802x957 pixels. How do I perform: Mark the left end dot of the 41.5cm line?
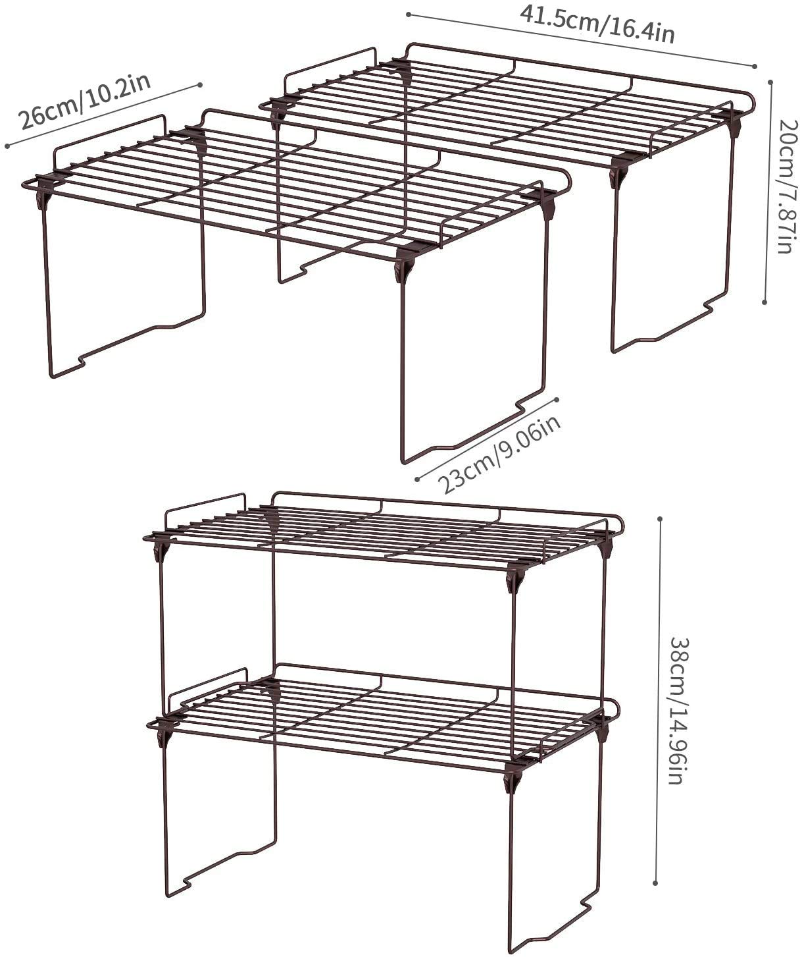pyautogui.click(x=409, y=13)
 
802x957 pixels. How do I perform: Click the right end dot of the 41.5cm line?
pyautogui.click(x=755, y=65)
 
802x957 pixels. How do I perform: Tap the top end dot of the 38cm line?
pyautogui.click(x=660, y=518)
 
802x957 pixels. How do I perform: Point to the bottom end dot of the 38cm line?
pyautogui.click(x=655, y=883)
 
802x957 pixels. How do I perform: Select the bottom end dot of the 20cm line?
pyautogui.click(x=764, y=302)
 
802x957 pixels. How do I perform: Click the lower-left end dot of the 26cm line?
pyautogui.click(x=6, y=146)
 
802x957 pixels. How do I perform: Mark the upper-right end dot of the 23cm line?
pyautogui.click(x=557, y=399)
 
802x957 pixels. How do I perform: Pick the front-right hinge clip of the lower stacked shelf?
pyautogui.click(x=512, y=780)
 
